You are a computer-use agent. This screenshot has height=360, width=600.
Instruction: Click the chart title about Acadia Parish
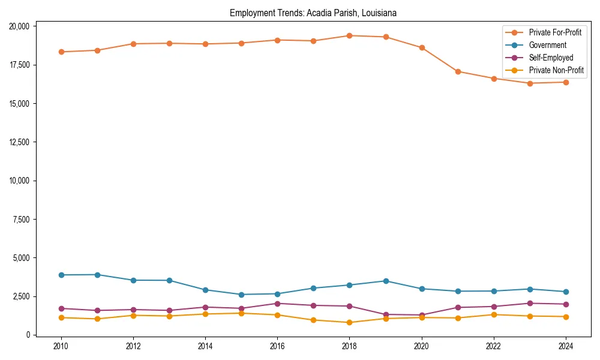coord(313,13)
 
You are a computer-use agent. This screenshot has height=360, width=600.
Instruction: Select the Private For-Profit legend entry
coord(555,32)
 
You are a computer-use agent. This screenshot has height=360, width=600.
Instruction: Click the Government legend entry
coord(547,45)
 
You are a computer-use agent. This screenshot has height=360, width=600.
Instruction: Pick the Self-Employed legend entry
coord(551,58)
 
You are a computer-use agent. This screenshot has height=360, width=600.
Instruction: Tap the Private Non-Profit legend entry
coord(556,70)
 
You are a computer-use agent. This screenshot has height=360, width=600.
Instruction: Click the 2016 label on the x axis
coord(277,346)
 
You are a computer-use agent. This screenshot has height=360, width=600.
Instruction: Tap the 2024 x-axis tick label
coord(565,346)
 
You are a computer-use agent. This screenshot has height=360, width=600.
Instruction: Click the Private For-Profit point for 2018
coord(349,35)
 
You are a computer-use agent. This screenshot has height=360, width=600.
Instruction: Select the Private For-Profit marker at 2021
coord(458,71)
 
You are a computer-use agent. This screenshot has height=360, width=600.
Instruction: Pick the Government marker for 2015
coord(241,295)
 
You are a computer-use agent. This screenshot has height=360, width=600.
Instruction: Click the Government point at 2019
coord(386,281)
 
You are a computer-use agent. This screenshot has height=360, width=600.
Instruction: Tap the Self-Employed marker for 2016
coord(277,304)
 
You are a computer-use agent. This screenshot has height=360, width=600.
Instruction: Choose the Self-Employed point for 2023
coord(530,303)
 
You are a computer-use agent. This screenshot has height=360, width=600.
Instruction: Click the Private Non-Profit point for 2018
coord(349,322)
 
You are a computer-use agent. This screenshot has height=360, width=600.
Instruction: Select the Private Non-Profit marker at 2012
coord(133,315)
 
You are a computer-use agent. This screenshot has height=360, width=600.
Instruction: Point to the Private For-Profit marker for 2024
coord(566,82)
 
